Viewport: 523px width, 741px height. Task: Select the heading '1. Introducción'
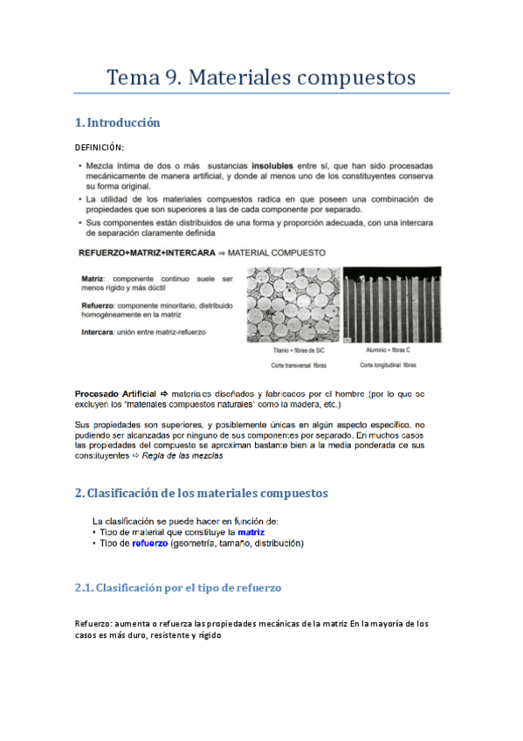pos(118,122)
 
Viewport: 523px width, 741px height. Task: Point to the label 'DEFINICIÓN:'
pos(100,147)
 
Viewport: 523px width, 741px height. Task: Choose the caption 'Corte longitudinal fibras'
pos(388,364)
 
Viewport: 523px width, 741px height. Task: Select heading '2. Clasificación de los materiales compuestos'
pos(202,494)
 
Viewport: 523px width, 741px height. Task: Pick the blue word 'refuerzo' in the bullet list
pos(149,544)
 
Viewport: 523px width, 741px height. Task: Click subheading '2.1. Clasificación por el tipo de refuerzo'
pos(178,589)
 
